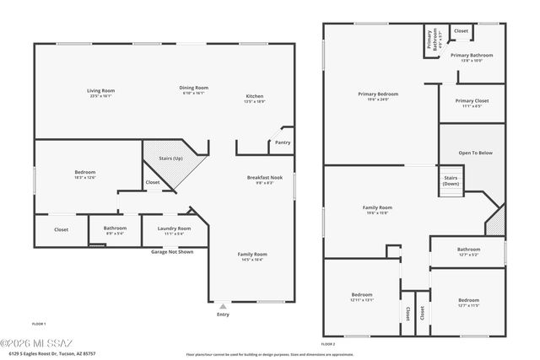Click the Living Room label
100,90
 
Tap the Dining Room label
193,88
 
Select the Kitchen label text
254,96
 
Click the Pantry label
283,142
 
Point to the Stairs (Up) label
172,158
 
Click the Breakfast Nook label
264,177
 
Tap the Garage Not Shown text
172,251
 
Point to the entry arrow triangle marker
222,305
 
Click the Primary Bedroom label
377,94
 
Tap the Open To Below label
475,153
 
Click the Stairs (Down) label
451,180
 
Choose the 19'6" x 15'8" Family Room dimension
377,212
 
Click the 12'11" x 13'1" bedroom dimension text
361,300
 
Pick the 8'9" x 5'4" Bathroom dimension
115,234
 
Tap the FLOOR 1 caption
39,324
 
